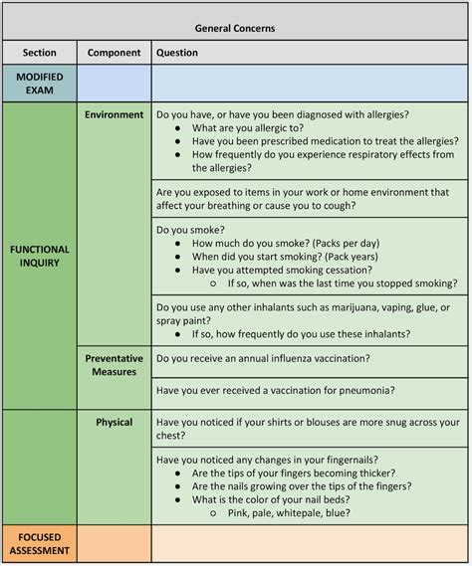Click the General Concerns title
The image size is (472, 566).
tap(235, 28)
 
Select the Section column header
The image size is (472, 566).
tap(39, 53)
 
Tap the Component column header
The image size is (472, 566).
tap(114, 53)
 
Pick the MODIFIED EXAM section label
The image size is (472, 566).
tap(39, 83)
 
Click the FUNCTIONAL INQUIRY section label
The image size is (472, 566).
tap(39, 256)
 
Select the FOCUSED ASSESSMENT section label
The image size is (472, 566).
tap(39, 543)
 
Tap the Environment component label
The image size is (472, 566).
tap(114, 114)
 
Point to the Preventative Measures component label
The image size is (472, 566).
tap(114, 365)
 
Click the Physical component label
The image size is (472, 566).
tap(114, 422)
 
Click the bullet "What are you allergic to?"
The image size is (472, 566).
tap(249, 128)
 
